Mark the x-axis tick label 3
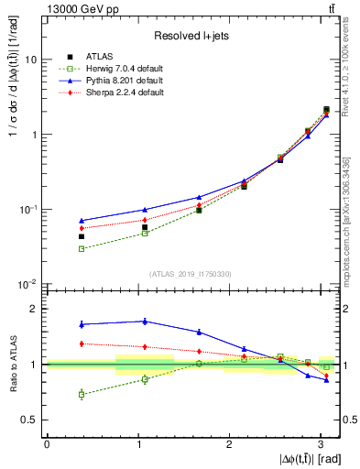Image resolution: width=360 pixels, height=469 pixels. coord(317,443)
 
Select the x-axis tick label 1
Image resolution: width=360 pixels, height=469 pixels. coord(136,443)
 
